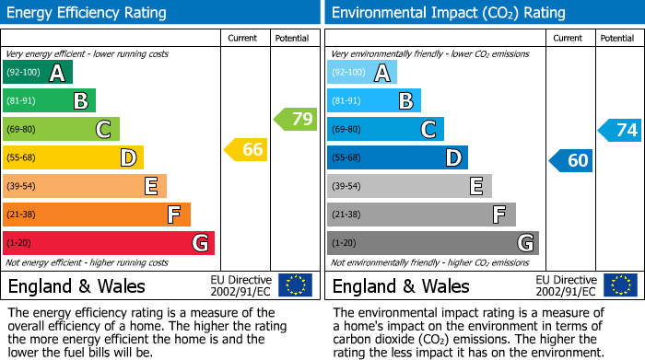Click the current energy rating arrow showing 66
click(246, 149)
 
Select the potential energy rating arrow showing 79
click(295, 119)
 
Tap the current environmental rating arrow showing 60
click(570, 160)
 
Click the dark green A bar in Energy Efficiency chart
click(38, 73)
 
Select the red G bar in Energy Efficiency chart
click(109, 243)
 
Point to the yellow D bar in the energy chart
click(74, 157)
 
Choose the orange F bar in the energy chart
click(97, 215)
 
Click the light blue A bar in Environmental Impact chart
click(362, 73)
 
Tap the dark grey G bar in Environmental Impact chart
click(433, 243)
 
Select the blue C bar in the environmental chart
click(385, 129)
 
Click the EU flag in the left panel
click(295, 285)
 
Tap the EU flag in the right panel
click(619, 285)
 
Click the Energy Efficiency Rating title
click(88, 13)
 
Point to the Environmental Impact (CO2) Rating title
click(448, 13)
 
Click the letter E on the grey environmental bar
click(476, 186)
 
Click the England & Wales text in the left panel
click(76, 286)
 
